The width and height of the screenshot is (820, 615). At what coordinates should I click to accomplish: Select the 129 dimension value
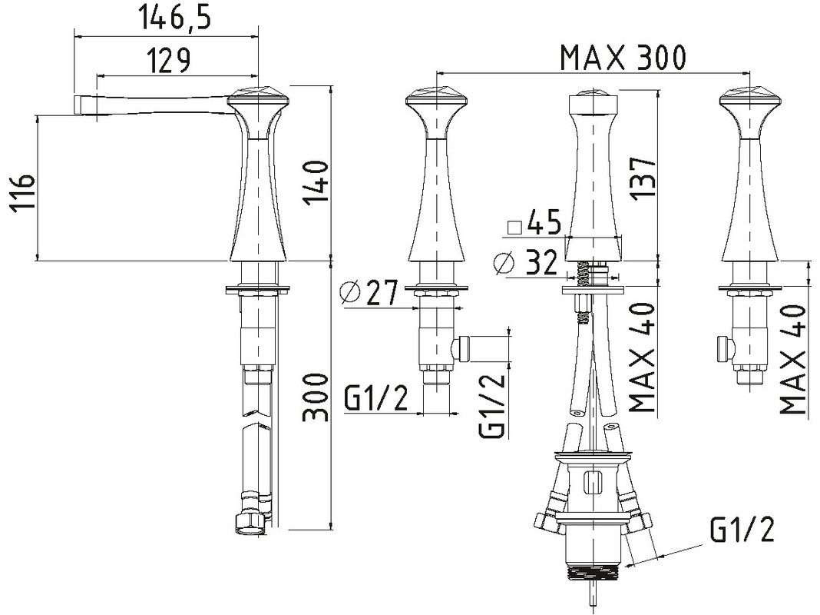(167, 60)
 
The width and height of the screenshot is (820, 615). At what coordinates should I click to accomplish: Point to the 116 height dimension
(22, 191)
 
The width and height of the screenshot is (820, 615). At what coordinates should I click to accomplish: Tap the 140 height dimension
(317, 183)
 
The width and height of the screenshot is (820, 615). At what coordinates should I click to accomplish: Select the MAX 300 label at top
(623, 58)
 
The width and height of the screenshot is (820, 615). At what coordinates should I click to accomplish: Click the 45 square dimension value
(544, 222)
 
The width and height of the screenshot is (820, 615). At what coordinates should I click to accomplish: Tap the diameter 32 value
(541, 262)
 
